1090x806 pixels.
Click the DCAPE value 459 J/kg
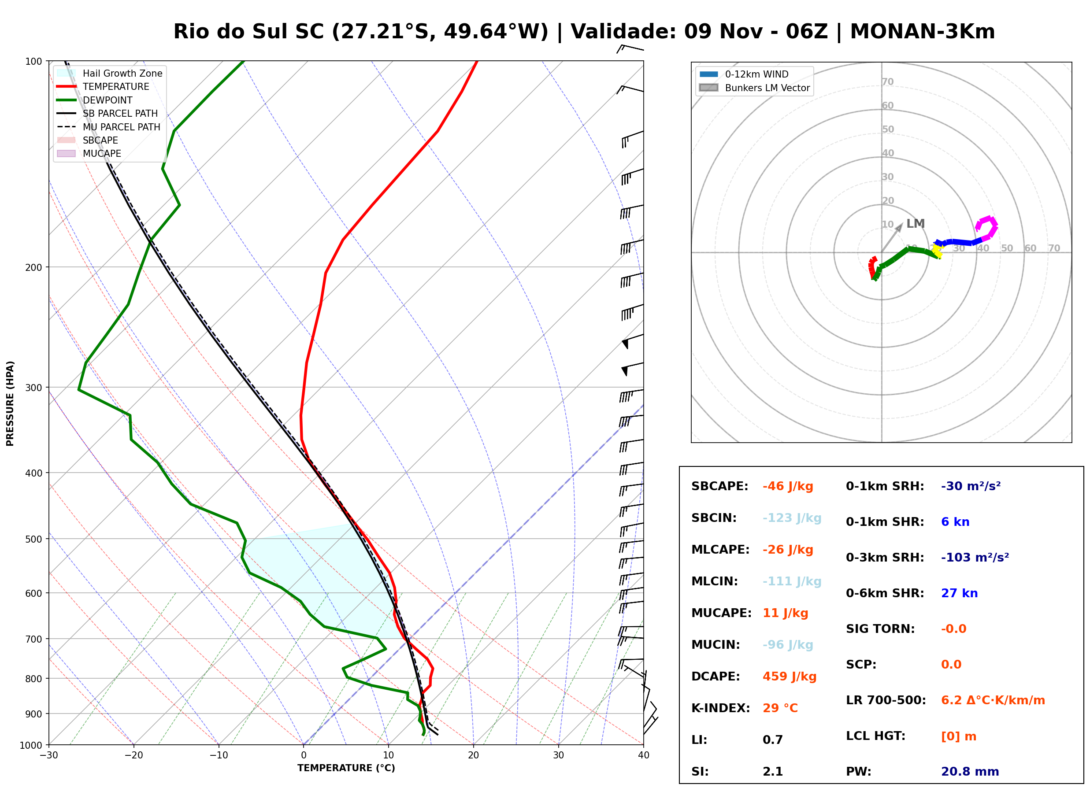pyautogui.click(x=790, y=676)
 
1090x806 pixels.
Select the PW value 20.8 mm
pyautogui.click(x=970, y=771)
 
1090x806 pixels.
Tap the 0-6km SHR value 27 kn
pyautogui.click(x=959, y=593)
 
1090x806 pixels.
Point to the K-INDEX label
pyautogui.click(x=721, y=708)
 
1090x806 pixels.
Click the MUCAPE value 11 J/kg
pyautogui.click(x=786, y=613)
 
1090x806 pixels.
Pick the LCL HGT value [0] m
pyautogui.click(x=959, y=736)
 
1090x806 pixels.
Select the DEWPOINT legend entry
pyautogui.click(x=94, y=100)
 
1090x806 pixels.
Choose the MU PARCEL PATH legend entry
pyautogui.click(x=108, y=127)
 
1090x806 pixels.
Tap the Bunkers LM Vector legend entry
pyautogui.click(x=754, y=88)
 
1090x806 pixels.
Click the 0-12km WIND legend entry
pyautogui.click(x=744, y=74)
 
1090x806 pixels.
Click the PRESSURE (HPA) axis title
pyautogui.click(x=10, y=403)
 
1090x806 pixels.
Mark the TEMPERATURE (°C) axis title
pyautogui.click(x=346, y=768)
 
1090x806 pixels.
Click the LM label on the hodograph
pyautogui.click(x=916, y=223)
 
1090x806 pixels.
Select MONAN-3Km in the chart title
pyautogui.click(x=922, y=32)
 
